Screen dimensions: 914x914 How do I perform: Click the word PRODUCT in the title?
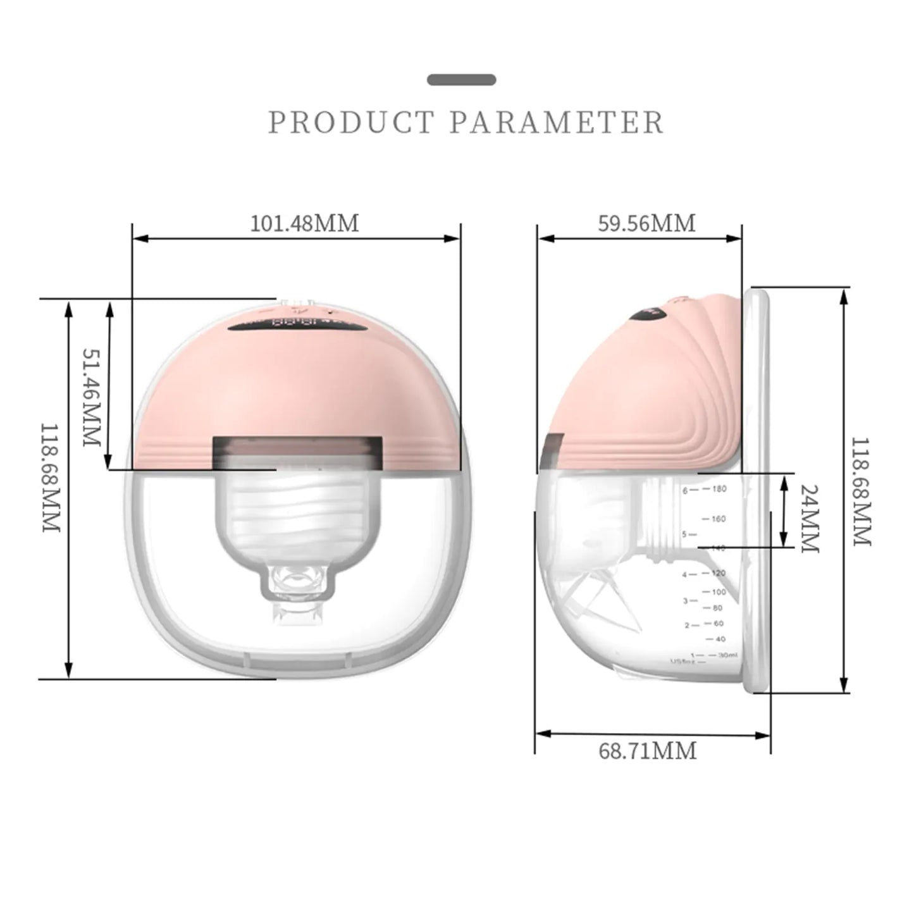coord(351,123)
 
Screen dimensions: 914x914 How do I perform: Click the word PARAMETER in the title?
coord(557,123)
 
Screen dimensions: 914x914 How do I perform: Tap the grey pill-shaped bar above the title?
coord(462,80)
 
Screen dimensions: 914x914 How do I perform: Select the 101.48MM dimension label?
coord(304,223)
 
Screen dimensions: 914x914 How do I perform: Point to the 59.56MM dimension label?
coord(646,223)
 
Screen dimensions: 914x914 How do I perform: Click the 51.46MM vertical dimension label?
coord(92,397)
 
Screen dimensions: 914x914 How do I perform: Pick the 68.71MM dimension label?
coord(647,751)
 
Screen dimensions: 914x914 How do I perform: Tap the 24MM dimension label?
coord(810,519)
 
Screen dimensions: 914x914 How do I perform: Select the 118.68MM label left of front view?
coord(51,478)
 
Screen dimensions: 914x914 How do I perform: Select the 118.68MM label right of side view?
coord(862,491)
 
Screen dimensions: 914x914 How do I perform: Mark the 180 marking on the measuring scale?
coord(719,489)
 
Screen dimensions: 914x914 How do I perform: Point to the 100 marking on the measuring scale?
coord(719,592)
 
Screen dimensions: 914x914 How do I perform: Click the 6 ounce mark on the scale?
coord(685,490)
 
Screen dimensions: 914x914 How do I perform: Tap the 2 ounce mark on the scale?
coord(687,625)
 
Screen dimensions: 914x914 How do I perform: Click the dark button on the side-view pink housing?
coord(651,311)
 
